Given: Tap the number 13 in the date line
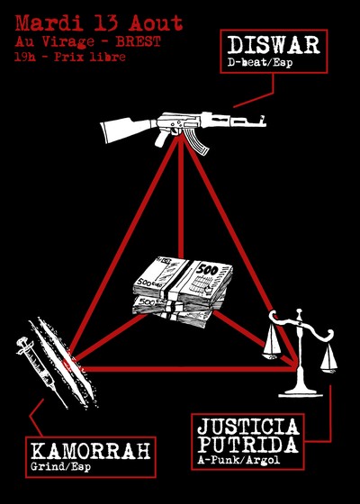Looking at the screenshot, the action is coord(103,23).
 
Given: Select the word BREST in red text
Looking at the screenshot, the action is coord(138,41).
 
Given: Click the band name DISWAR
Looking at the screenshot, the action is coord(274,45).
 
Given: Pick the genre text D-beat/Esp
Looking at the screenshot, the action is coord(260,63).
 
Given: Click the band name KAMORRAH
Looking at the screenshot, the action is coord(91,451).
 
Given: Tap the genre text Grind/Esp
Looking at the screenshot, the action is coord(61,467).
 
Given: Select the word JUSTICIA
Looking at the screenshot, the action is coord(248,427).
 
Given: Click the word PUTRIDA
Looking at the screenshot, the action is coord(247,445).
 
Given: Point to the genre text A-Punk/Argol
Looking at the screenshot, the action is coord(238,460).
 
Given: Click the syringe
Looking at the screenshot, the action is coord(41,373).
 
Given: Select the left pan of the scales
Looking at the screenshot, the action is coord(272,346).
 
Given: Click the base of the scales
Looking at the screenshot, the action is coord(301,391).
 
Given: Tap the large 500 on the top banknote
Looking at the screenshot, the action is coord(207,269).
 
